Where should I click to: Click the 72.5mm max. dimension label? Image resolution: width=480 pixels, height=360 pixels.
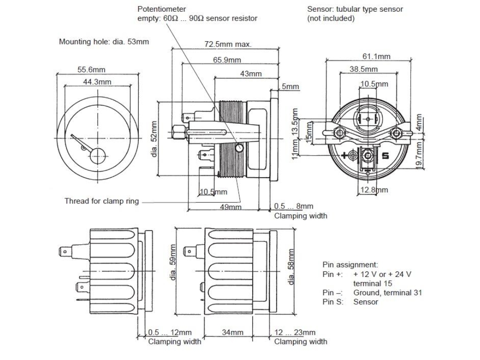(x=228, y=44)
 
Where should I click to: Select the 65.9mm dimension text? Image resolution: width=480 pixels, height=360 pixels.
(x=227, y=60)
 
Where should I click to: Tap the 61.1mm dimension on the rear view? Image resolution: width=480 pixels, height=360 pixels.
(x=376, y=56)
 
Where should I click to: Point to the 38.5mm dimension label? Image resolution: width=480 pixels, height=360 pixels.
(x=364, y=69)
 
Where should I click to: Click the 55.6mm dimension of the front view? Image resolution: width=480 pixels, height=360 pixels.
(x=91, y=69)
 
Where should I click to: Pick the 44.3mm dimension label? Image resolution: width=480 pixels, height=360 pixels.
(x=97, y=82)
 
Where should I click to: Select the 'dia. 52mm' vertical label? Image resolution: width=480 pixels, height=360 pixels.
(x=154, y=139)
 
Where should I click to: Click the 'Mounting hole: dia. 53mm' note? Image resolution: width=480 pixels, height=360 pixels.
(x=104, y=42)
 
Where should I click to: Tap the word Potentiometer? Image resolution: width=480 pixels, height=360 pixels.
(x=162, y=9)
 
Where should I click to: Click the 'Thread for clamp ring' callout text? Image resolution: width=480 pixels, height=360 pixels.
(x=102, y=201)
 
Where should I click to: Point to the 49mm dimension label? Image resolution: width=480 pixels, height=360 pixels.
(x=231, y=207)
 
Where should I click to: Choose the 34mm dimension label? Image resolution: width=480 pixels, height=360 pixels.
(x=232, y=332)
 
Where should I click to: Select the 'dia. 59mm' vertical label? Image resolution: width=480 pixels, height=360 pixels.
(x=173, y=262)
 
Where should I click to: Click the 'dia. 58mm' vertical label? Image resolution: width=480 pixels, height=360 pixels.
(x=291, y=267)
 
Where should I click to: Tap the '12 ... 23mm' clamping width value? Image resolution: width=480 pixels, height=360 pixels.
(x=295, y=332)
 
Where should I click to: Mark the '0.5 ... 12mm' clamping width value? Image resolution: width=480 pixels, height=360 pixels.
(x=170, y=332)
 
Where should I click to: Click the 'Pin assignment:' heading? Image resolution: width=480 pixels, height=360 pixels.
(x=350, y=265)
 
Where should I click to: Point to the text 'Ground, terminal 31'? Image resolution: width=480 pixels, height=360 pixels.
(x=388, y=292)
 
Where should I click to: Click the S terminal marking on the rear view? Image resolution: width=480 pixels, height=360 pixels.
(x=386, y=156)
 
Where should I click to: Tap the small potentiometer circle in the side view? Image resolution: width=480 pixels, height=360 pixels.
(x=240, y=148)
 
